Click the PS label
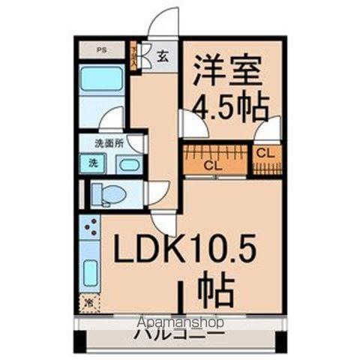point(100,50)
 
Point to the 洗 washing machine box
point(93,163)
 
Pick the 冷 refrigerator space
point(89,303)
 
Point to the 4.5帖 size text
point(231,109)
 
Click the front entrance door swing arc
point(163,22)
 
